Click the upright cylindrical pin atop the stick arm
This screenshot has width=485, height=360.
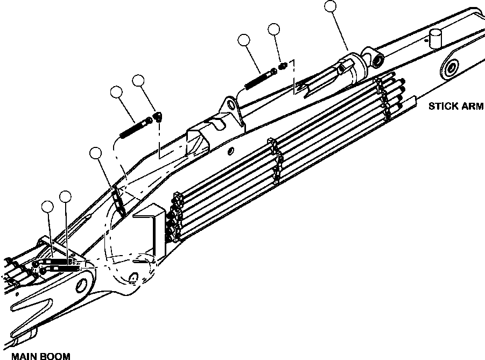point(434,39)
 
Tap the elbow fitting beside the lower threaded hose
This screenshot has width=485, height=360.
point(158,117)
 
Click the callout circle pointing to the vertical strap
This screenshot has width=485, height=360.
point(96,154)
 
